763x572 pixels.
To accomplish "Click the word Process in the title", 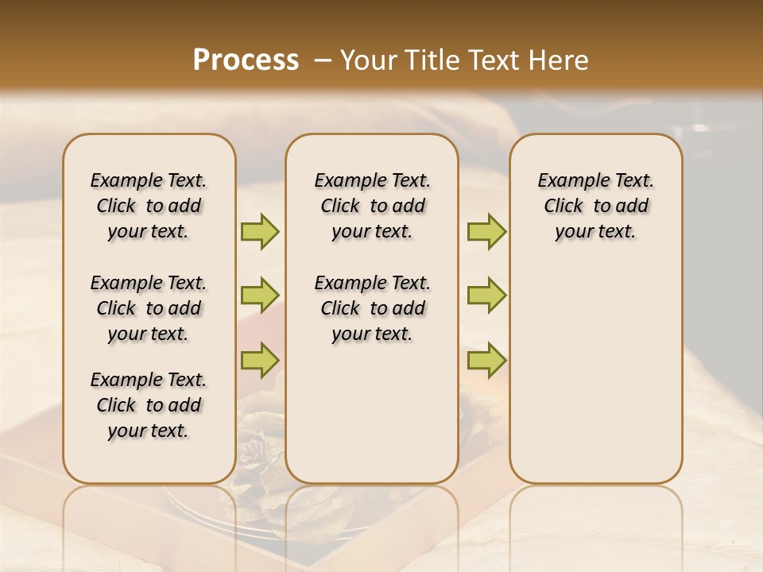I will click(246, 60).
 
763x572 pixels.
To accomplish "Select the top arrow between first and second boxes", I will click(260, 232).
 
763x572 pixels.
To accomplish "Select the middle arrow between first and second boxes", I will click(260, 296).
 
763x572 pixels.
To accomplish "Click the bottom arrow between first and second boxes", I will click(260, 359).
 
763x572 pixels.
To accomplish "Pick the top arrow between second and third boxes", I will click(486, 232).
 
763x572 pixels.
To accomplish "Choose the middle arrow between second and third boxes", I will click(486, 296).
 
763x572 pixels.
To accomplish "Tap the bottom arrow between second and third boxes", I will click(486, 359).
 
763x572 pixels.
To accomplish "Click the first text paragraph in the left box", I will click(149, 206).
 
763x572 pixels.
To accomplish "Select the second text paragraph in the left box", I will click(149, 308).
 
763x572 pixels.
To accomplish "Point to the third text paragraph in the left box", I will click(149, 405).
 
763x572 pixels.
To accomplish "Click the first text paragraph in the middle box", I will click(372, 206).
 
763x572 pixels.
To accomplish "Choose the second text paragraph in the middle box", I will click(372, 308).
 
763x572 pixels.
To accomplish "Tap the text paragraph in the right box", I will click(595, 206).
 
